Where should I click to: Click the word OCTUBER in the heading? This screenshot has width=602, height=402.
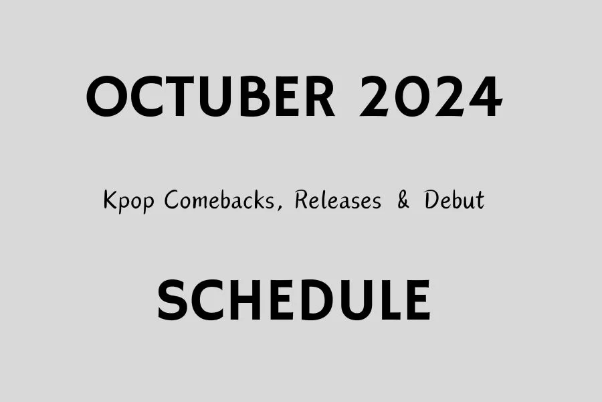click(x=211, y=98)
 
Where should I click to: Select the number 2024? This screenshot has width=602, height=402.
click(x=430, y=98)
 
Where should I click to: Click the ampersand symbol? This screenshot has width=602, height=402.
click(x=403, y=200)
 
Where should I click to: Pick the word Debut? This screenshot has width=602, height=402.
click(x=454, y=200)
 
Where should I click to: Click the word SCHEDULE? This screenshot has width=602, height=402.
click(x=294, y=299)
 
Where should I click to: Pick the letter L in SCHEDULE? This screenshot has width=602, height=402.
click(x=387, y=299)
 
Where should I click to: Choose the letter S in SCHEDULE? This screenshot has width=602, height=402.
click(x=173, y=299)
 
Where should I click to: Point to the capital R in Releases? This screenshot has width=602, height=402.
click(x=301, y=200)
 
